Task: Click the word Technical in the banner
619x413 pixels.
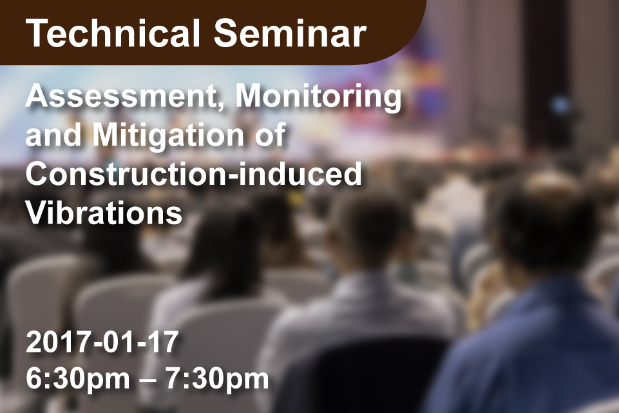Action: [x=113, y=34]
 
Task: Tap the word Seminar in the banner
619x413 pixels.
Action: [x=290, y=34]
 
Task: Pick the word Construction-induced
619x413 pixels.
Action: [x=193, y=174]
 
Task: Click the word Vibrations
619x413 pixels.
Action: [x=104, y=213]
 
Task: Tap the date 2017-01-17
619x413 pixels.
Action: [x=102, y=342]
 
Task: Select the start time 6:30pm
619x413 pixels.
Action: [x=78, y=379]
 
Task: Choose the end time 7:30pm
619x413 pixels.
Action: [x=218, y=379]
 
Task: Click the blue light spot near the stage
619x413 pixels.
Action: [x=560, y=105]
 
